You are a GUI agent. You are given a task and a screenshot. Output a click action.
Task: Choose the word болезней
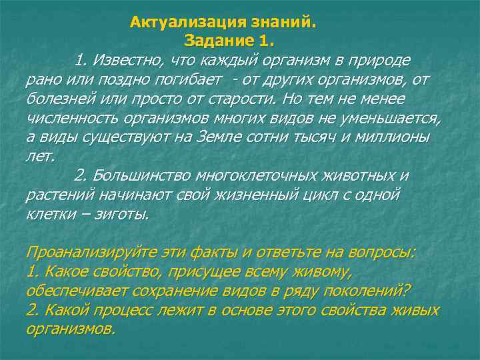[59, 99]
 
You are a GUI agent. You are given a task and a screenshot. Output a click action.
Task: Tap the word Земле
[225, 138]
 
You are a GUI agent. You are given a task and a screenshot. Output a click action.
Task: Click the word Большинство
[142, 177]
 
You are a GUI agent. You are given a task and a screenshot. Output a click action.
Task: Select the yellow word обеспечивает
[75, 292]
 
